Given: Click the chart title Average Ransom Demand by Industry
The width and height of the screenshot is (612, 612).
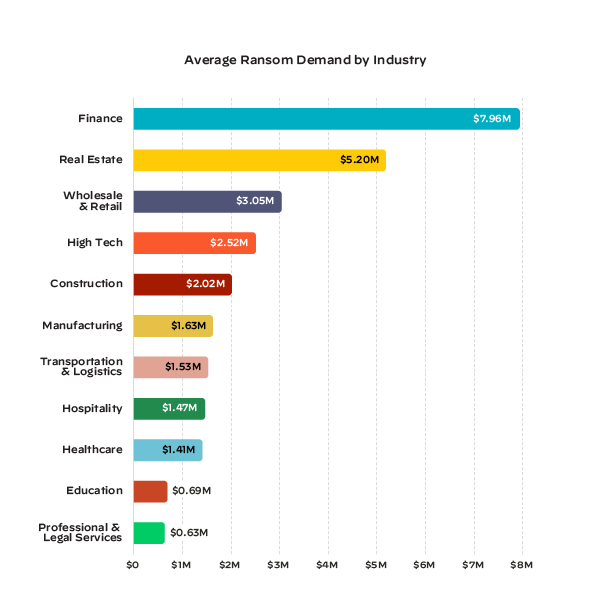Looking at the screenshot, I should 305,60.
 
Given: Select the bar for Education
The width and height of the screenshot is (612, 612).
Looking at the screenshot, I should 150,491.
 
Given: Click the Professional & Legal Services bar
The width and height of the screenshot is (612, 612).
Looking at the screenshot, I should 148,532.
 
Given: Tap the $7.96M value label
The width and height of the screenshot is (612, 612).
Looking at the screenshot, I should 493,119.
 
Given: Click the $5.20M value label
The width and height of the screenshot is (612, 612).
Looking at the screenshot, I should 359,160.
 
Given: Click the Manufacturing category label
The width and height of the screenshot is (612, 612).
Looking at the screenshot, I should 82,326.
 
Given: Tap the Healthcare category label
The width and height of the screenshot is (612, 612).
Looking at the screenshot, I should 92,450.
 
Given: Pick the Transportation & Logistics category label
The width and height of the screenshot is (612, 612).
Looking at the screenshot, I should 82,367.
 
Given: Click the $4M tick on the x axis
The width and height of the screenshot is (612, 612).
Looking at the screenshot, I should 327,566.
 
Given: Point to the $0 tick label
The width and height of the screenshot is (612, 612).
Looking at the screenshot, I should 133,566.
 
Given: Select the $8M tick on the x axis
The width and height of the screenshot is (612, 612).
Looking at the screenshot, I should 521,566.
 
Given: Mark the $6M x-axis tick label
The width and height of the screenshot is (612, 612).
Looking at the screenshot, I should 424,566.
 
